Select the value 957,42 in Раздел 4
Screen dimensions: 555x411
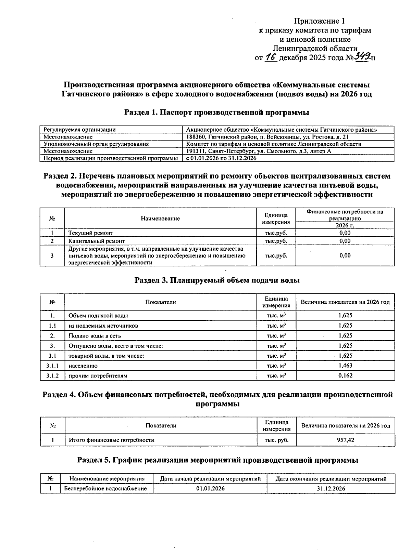point(345,440)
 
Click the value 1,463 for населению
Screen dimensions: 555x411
point(345,366)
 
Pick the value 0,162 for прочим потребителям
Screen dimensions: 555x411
point(345,375)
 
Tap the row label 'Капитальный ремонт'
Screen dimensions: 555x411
point(97,241)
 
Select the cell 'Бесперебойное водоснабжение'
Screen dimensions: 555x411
point(105,488)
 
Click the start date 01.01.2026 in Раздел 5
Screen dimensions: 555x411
point(210,488)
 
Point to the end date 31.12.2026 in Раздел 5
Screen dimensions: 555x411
point(331,488)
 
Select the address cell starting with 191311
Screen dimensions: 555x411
point(259,151)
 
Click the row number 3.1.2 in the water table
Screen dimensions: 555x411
point(52,375)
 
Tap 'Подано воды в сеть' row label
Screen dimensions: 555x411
point(95,336)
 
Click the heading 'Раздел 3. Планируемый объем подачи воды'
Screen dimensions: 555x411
point(217,280)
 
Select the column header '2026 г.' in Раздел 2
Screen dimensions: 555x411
point(345,225)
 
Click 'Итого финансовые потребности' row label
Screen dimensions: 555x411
point(112,440)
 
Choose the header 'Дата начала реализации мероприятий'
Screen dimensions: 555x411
point(210,479)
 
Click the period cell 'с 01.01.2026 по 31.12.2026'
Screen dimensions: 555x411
point(221,158)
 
